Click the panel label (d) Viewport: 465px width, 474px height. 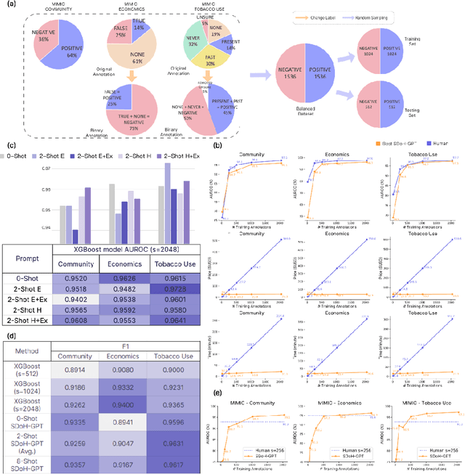(x=10, y=335)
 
